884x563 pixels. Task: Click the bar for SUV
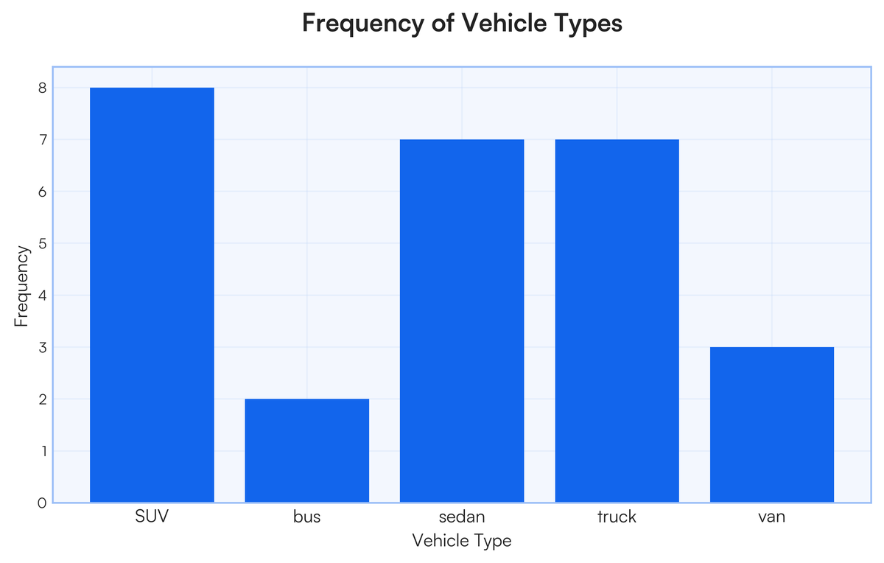coord(152,295)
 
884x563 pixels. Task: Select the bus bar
coord(306,450)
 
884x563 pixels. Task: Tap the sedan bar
coord(462,321)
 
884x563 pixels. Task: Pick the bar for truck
coord(617,321)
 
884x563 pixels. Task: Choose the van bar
coord(771,424)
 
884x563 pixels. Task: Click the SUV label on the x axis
coord(152,517)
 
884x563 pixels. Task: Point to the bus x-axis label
coord(306,517)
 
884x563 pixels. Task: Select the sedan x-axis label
coord(462,517)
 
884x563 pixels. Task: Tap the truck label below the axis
coord(617,517)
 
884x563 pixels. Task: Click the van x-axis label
coord(771,517)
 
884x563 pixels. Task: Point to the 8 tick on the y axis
coord(42,88)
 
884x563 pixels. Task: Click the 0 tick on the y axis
coord(42,503)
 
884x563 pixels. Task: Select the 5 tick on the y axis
coord(42,244)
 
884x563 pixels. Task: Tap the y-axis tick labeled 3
coord(42,347)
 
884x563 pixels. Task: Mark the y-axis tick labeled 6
coord(42,192)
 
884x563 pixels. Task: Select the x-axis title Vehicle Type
coord(462,541)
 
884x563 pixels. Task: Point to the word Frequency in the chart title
coord(362,24)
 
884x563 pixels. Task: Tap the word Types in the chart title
coord(592,24)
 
